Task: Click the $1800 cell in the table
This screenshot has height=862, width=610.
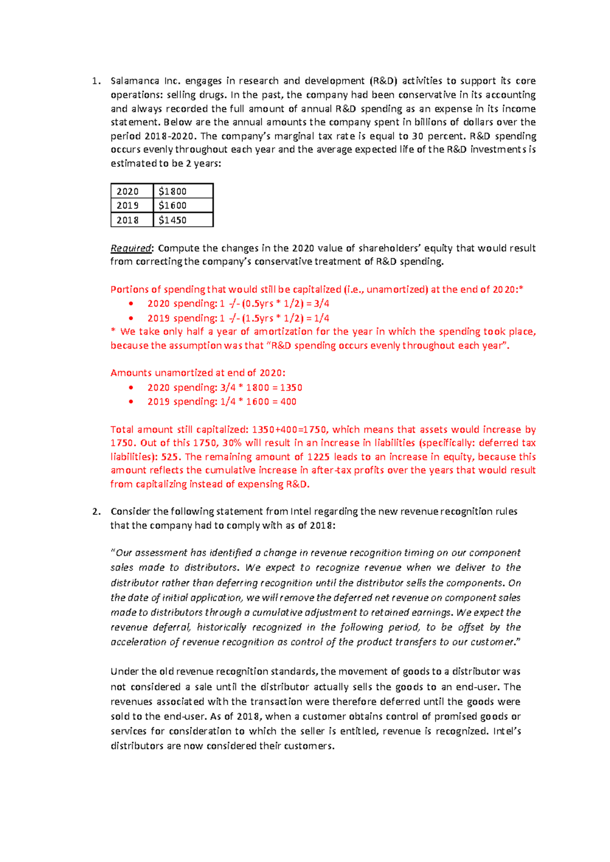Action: [x=183, y=191]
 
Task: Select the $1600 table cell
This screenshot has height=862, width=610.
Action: [x=183, y=205]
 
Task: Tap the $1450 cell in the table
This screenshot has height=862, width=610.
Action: [x=183, y=220]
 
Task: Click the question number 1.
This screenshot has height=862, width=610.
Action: [x=95, y=81]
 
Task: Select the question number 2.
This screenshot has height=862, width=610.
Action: [x=96, y=511]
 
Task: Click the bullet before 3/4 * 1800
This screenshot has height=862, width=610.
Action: [x=131, y=387]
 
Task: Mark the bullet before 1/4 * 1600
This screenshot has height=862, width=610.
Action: [x=131, y=402]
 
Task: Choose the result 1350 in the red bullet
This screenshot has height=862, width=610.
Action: [x=291, y=387]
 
